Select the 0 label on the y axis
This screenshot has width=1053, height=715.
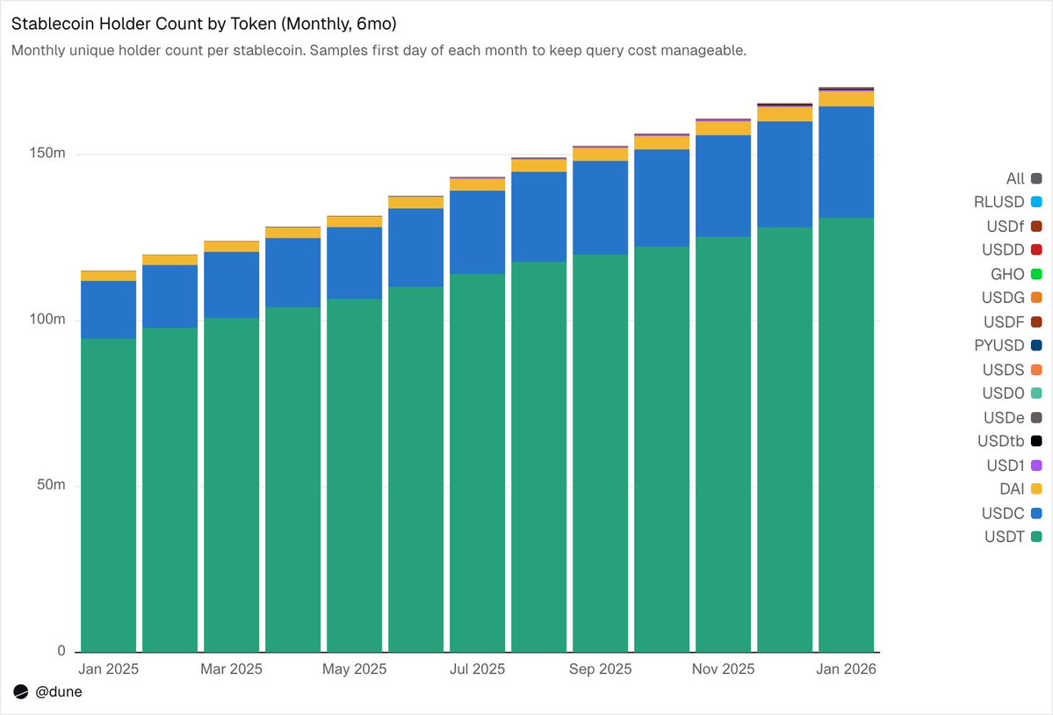(x=61, y=651)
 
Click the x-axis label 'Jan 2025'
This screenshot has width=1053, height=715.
(x=108, y=669)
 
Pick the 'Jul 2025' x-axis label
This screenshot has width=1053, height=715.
(x=477, y=669)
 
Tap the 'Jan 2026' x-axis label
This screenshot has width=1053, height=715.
(x=847, y=669)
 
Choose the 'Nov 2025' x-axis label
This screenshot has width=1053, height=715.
(x=724, y=669)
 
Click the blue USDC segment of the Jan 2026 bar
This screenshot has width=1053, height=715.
(x=847, y=162)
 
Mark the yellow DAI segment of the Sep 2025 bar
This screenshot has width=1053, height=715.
(x=600, y=155)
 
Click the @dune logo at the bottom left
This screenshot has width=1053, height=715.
(x=47, y=692)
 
